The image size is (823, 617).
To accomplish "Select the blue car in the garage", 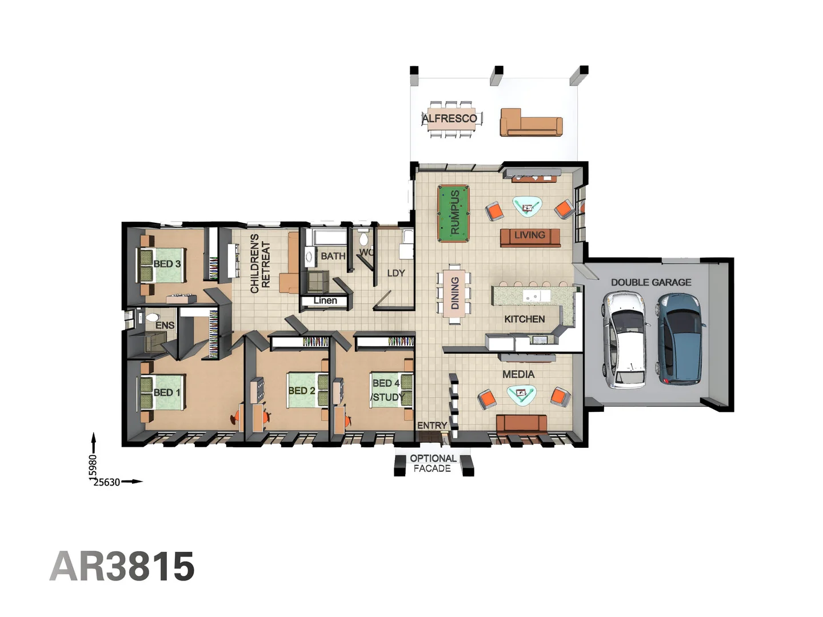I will point(680,338).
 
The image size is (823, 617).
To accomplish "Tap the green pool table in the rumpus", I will point(453,213).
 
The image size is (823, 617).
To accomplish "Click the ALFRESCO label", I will point(450,118).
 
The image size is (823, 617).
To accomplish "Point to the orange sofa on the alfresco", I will point(531,123).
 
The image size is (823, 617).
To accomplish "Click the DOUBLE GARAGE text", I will point(651,282).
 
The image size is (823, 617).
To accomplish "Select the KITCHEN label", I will point(524,319).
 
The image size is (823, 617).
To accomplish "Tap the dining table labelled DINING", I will point(454,294).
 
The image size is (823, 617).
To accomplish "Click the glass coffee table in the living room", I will point(527,206).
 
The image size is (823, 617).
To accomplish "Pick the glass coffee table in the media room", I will point(521,394).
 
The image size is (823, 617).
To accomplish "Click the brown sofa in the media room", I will point(521,423).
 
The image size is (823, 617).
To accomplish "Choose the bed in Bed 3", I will point(162,265).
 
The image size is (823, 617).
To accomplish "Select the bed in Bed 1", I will point(162,392).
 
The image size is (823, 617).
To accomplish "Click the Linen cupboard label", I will point(325,301).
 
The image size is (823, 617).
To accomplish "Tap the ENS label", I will point(165,325).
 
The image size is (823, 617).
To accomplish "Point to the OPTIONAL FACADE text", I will point(433,463).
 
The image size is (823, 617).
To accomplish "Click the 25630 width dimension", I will point(107,482).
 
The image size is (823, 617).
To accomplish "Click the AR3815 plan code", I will point(122,567).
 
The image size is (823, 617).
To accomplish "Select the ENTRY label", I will point(432,426).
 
